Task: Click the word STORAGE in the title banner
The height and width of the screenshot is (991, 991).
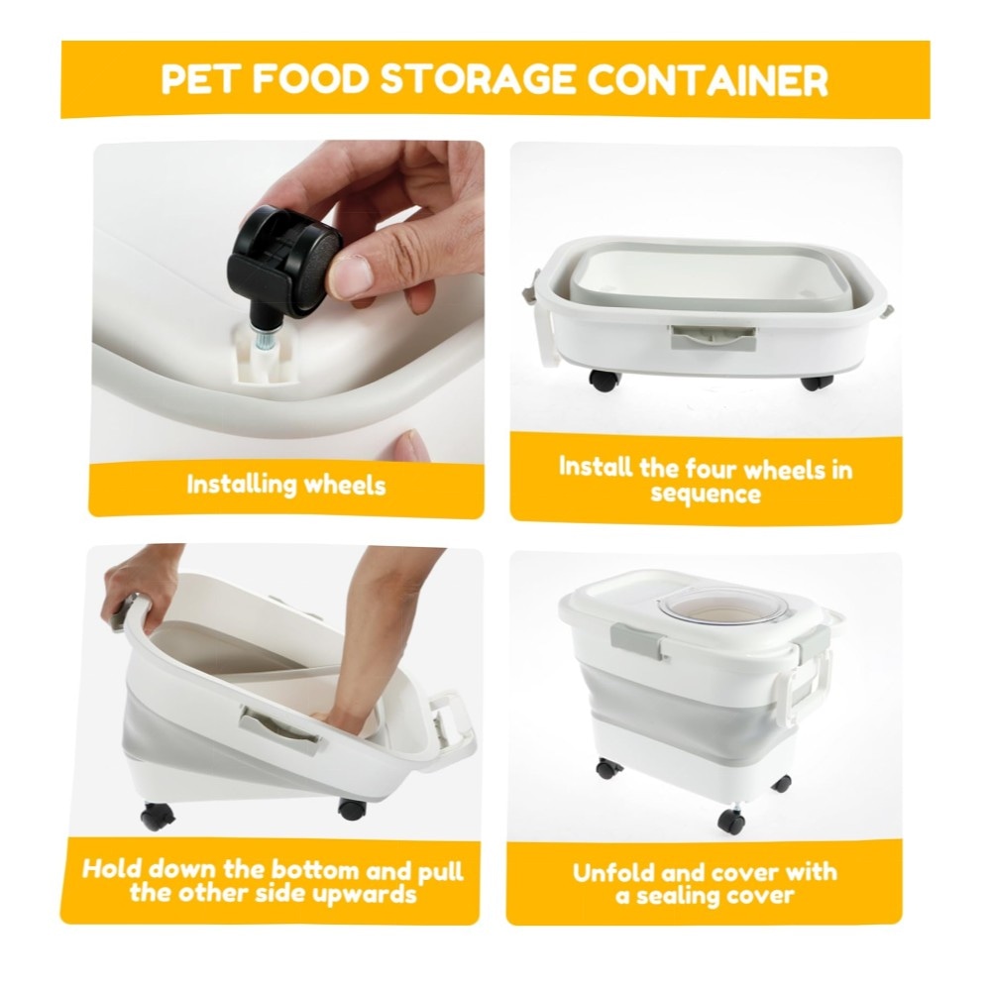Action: coord(479,79)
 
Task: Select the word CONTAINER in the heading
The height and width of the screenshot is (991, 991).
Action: coord(708,79)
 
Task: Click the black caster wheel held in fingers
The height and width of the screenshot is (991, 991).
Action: coord(284,259)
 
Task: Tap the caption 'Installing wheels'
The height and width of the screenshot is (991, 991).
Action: coord(285,485)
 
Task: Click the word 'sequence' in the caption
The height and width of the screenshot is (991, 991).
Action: coord(706,493)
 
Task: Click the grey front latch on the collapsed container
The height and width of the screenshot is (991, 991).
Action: coord(713,337)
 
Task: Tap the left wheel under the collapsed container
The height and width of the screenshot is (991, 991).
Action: coord(605,380)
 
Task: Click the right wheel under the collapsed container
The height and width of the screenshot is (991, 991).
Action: coord(817,382)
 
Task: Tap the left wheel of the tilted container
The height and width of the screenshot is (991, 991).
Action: coord(158,816)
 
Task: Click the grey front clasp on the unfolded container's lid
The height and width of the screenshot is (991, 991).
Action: coord(636,637)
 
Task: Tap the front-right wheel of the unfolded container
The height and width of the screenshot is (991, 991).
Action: coord(731,821)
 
